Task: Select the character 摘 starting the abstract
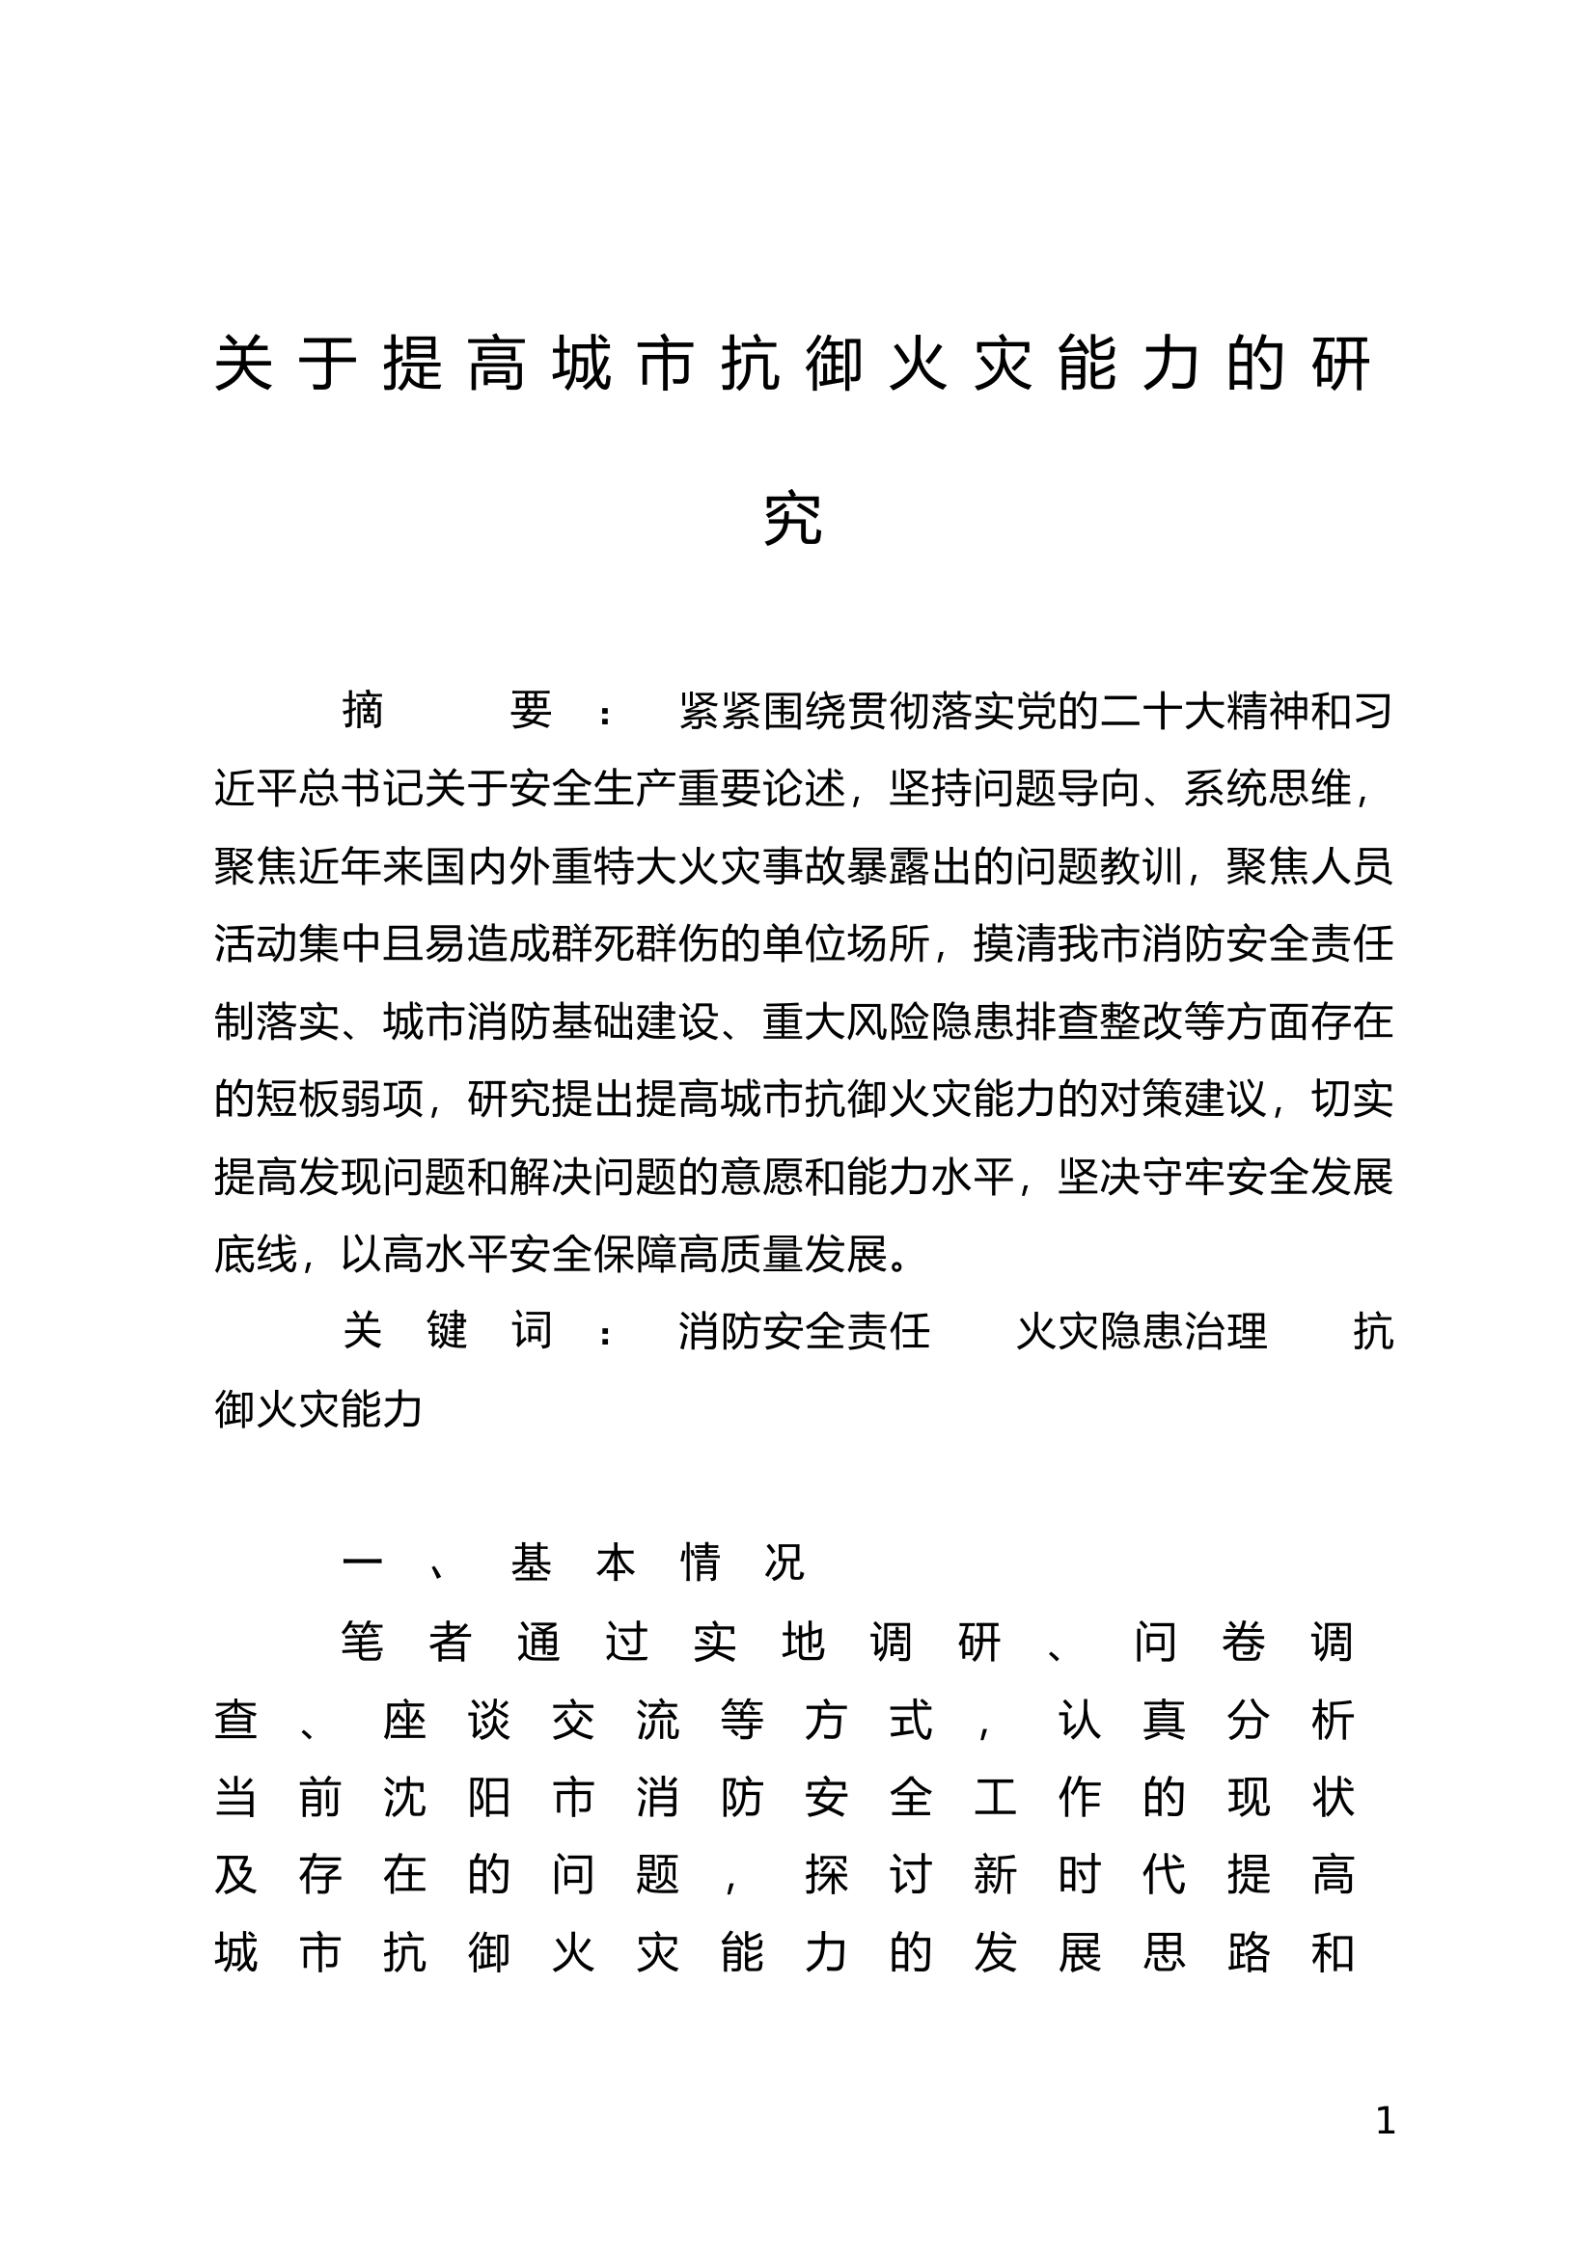pos(363,711)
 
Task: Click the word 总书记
pos(341,788)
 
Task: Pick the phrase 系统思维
pos(1267,788)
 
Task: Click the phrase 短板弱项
pos(341,1099)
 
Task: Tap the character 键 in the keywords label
pos(447,1331)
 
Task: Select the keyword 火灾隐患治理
pos(1141,1331)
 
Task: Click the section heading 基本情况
pos(657,1563)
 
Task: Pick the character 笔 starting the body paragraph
pos(363,1642)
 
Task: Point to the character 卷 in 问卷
pos(1243,1642)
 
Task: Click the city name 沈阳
pos(447,1797)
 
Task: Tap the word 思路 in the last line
pos(1205,1952)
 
